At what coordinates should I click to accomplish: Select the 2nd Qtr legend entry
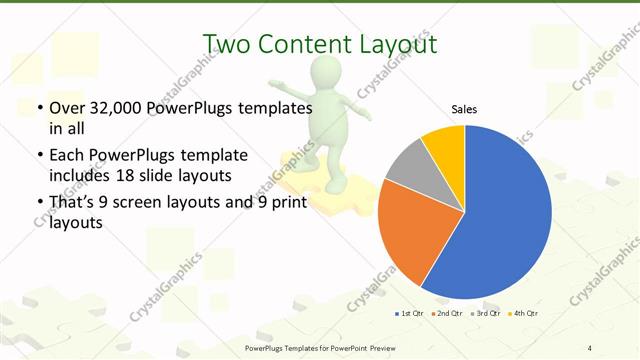[444, 314]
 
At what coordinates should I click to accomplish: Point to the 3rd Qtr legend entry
[485, 314]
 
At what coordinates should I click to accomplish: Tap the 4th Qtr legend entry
[524, 314]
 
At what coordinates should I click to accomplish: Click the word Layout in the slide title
[396, 44]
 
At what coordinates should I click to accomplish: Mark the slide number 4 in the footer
[590, 347]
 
